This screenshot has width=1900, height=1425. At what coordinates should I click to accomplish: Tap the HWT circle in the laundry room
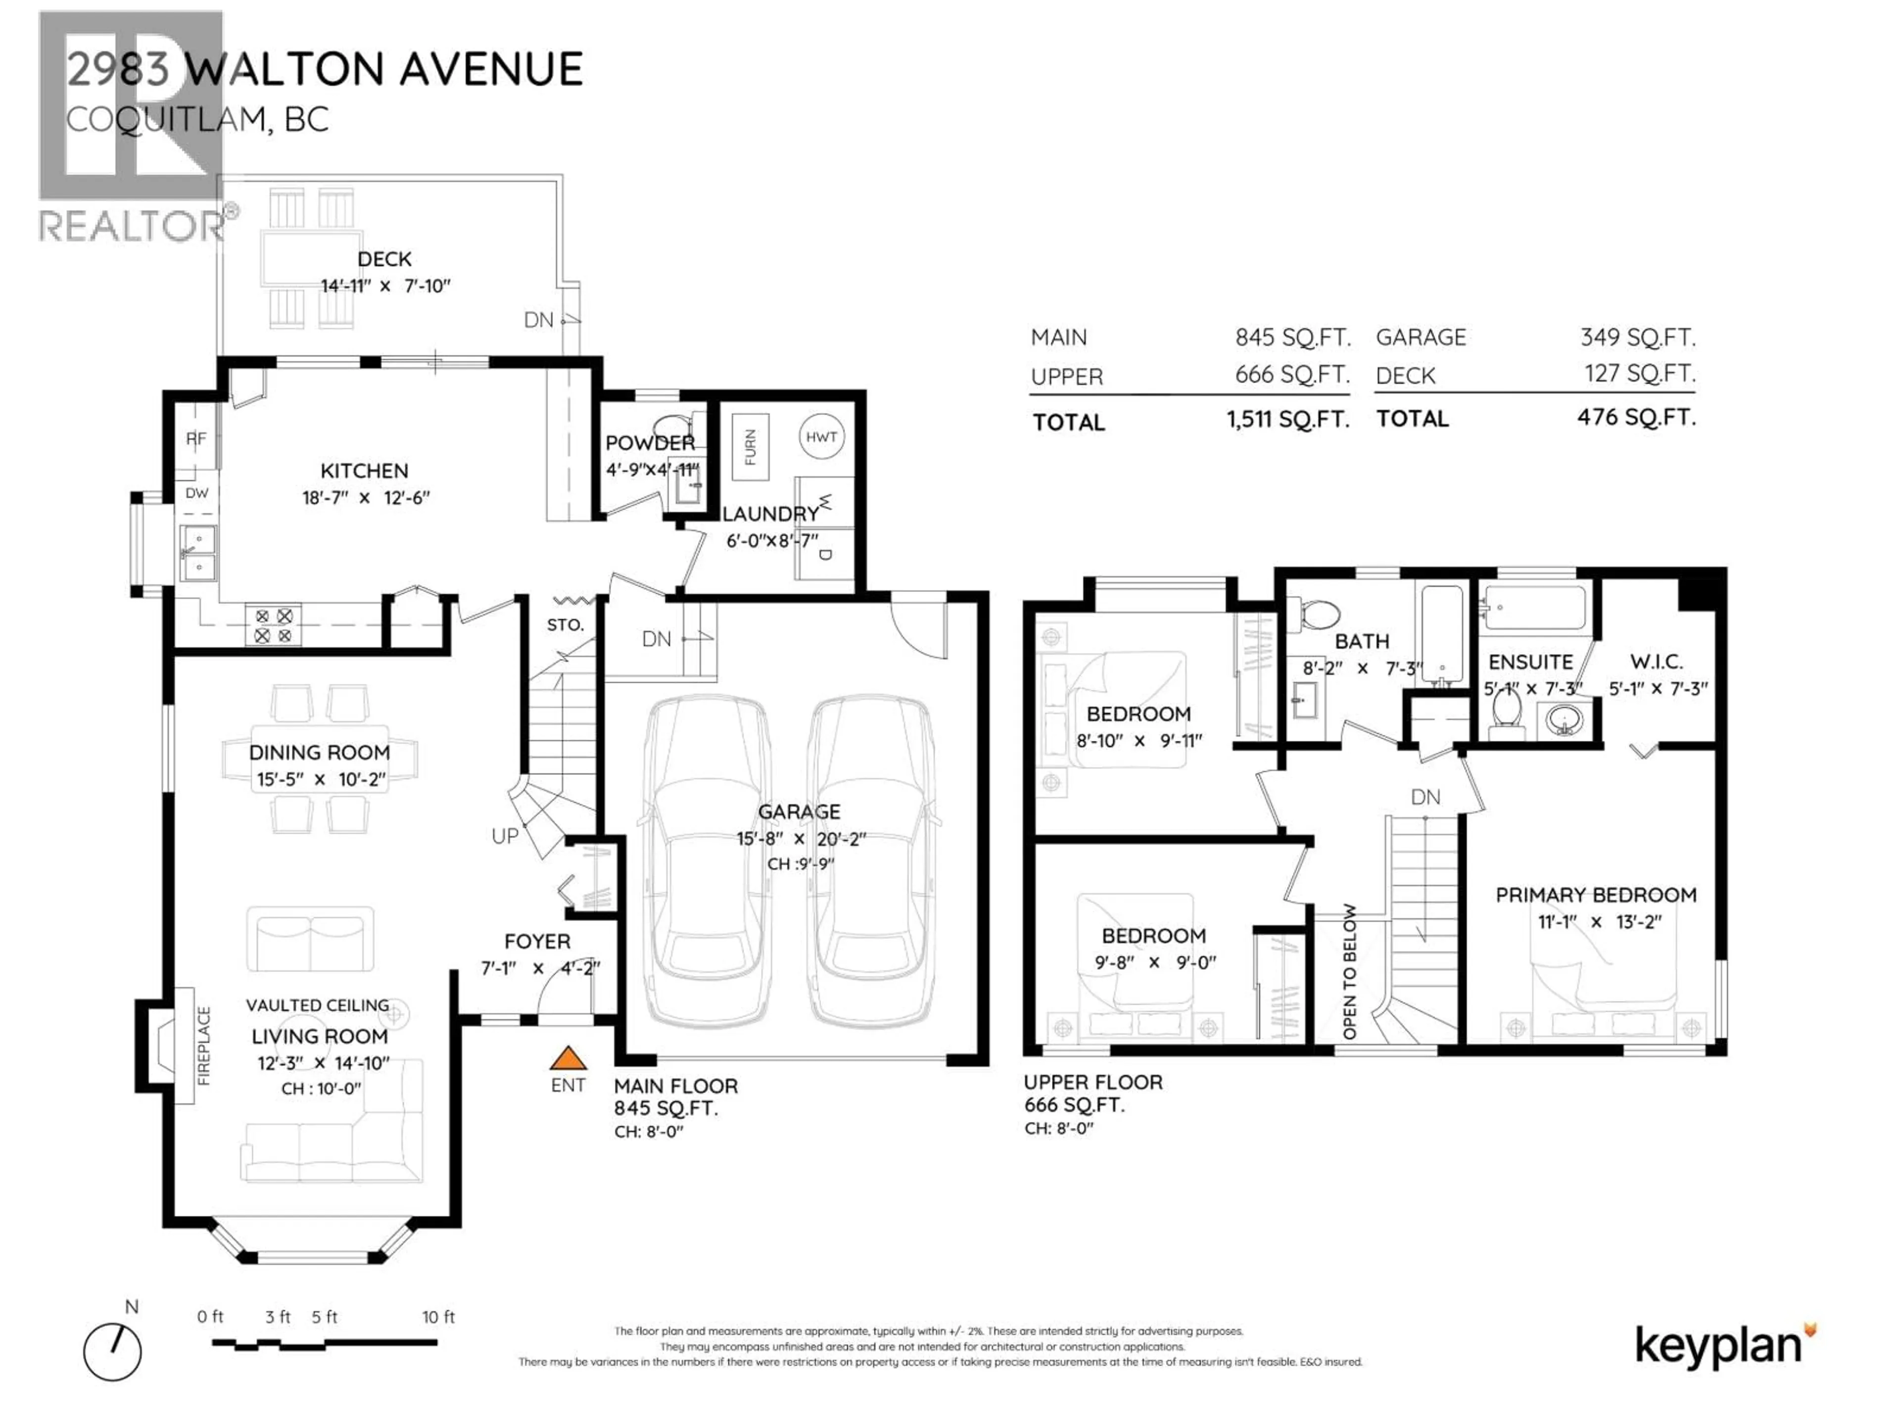click(x=821, y=437)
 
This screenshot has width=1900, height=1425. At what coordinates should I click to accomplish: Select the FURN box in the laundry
click(x=750, y=447)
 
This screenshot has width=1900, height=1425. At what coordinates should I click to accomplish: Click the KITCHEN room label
click(x=364, y=471)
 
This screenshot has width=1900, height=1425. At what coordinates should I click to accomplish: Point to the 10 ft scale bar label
click(x=438, y=1317)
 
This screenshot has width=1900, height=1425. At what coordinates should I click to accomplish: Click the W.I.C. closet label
click(x=1656, y=662)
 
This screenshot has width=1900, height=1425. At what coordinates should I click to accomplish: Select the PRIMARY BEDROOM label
click(x=1596, y=895)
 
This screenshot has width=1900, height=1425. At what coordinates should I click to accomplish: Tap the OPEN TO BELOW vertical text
click(x=1349, y=971)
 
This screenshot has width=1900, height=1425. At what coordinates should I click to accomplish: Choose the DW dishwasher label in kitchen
click(x=197, y=493)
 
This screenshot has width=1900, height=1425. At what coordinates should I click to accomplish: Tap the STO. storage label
click(x=565, y=624)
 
